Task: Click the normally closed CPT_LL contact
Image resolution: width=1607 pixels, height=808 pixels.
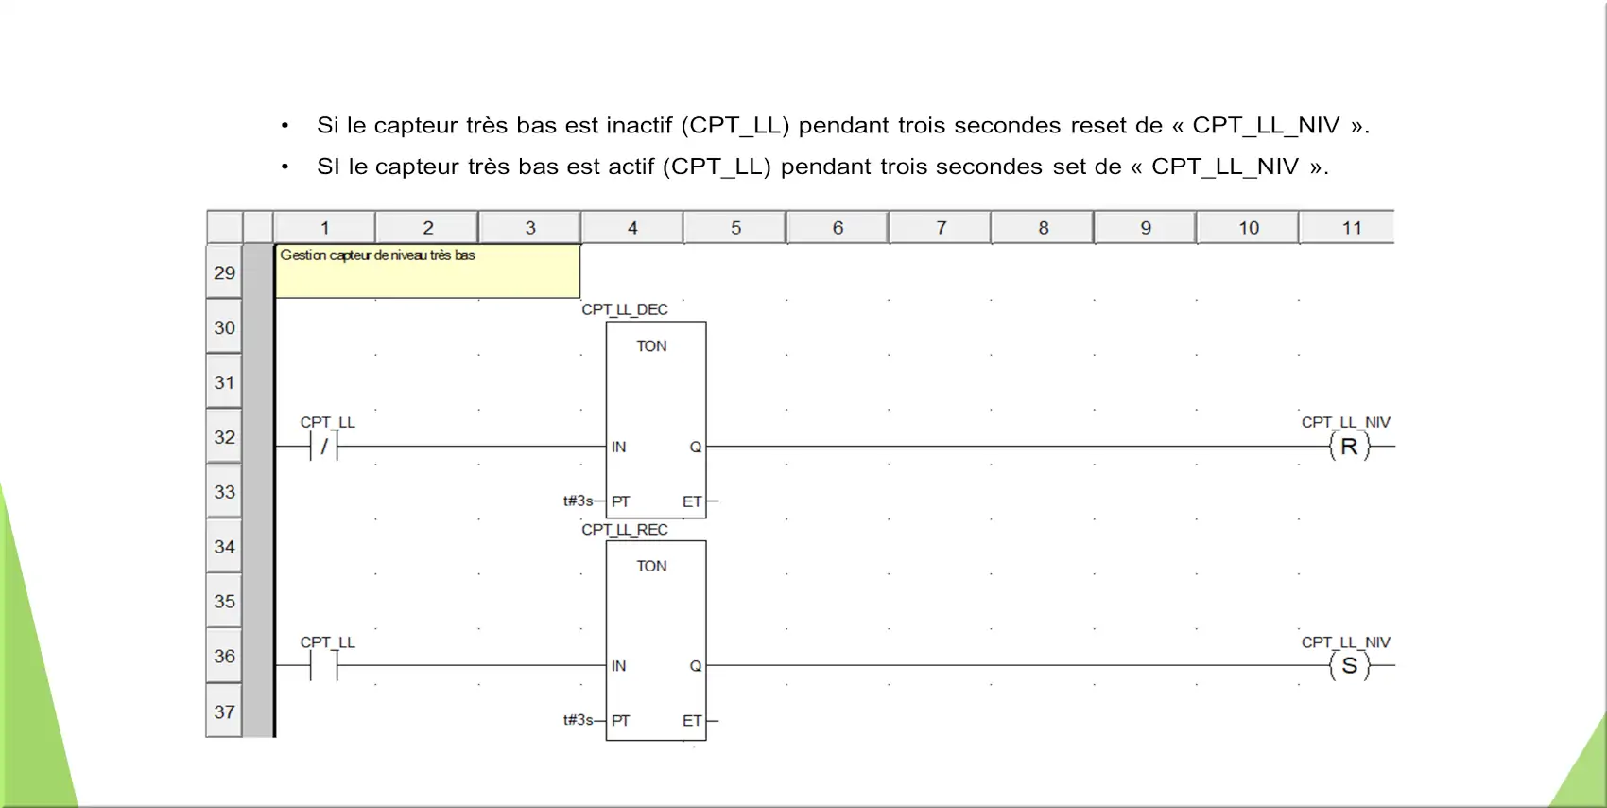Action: point(323,446)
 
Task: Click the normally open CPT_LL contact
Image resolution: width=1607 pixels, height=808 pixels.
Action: point(323,666)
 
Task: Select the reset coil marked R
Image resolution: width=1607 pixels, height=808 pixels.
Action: point(1350,446)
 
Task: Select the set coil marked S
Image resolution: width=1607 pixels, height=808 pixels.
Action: point(1350,666)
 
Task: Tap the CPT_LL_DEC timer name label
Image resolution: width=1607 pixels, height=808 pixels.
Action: point(624,309)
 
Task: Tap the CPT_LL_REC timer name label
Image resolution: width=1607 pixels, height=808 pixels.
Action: point(624,529)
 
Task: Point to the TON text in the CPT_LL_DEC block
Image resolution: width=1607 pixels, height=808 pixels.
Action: point(651,346)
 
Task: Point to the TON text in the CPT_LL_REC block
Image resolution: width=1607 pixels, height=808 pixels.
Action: point(651,566)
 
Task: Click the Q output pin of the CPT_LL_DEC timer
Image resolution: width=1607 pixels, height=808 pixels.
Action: point(695,447)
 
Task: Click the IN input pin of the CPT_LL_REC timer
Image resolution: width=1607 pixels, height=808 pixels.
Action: point(618,666)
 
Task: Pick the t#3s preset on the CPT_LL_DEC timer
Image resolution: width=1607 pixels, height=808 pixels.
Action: point(579,501)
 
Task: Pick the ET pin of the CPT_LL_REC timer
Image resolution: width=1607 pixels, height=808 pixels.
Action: point(692,720)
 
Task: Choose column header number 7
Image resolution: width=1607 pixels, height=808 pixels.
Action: point(941,228)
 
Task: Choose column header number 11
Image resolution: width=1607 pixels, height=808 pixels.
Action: point(1352,228)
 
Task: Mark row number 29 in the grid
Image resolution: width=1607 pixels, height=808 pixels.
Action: point(224,272)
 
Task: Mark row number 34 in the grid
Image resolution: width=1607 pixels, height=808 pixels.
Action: point(224,547)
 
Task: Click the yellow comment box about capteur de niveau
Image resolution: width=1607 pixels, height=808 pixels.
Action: point(427,272)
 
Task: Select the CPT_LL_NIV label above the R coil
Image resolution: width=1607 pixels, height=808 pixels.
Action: point(1346,422)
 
